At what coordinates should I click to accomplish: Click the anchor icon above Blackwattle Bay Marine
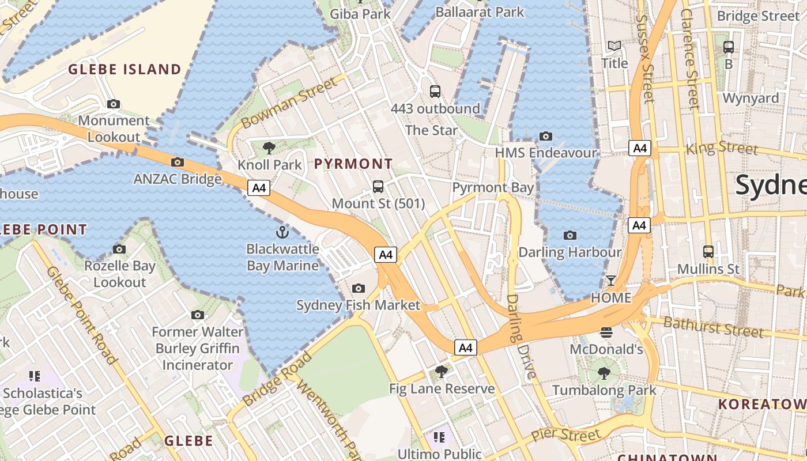point(282,232)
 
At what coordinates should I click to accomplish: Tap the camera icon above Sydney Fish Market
point(358,288)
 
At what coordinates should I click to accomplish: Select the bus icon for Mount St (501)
point(378,187)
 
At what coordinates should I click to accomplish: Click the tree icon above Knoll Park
point(269,148)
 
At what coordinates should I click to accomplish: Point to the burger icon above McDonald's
point(606,332)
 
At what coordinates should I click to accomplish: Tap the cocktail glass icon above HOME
point(610,281)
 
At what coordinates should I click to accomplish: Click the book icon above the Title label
point(614,46)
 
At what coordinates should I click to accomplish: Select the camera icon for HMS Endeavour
point(545,137)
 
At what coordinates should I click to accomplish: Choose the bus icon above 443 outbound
point(435,91)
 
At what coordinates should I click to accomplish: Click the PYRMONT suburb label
point(353,164)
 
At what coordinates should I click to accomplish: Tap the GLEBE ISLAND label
point(125,70)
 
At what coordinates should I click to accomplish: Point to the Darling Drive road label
point(521,336)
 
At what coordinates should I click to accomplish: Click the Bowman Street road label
point(289,104)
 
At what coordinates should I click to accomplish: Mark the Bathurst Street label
point(713,327)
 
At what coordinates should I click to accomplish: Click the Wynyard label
point(751,98)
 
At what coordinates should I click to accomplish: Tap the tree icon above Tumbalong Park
point(604,373)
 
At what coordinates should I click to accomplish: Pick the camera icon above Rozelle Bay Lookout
point(119,249)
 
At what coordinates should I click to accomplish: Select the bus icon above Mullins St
point(708,252)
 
